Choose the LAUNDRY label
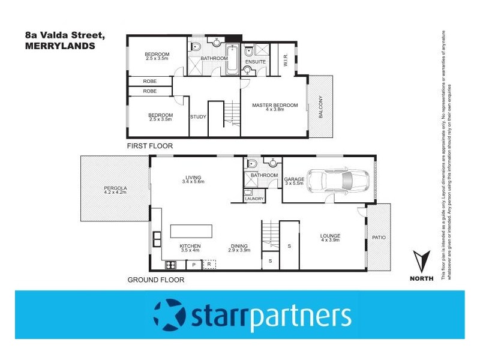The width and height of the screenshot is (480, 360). pyautogui.click(x=254, y=198)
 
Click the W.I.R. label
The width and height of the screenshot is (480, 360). pyautogui.click(x=286, y=61)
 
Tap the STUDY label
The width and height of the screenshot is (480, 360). pyautogui.click(x=198, y=116)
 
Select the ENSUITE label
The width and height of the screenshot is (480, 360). pyautogui.click(x=256, y=61)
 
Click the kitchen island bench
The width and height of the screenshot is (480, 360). pyautogui.click(x=191, y=232)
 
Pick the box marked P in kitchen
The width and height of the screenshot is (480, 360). pyautogui.click(x=194, y=264)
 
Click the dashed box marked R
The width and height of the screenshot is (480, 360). pyautogui.click(x=209, y=264)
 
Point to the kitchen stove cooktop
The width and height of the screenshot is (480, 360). pyautogui.click(x=170, y=264)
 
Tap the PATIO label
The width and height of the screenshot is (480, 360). pyautogui.click(x=379, y=238)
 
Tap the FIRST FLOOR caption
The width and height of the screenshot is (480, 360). pyautogui.click(x=149, y=146)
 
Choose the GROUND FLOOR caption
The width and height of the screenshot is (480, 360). pyautogui.click(x=156, y=280)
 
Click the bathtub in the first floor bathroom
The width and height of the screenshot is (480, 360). pyautogui.click(x=232, y=59)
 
